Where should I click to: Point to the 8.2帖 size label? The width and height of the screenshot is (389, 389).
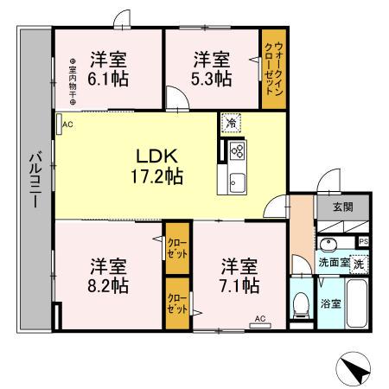tap(107, 284)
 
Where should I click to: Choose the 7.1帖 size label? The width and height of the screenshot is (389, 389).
tap(239, 284)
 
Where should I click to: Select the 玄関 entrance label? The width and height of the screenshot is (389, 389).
tap(341, 207)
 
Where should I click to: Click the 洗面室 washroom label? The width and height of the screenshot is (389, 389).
tap(332, 263)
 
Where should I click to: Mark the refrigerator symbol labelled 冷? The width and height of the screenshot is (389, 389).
tap(230, 124)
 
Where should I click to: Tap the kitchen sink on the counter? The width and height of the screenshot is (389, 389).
tap(236, 182)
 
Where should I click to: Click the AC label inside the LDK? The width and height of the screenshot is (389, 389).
tap(67, 124)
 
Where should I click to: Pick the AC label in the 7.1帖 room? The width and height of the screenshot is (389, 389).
tap(259, 319)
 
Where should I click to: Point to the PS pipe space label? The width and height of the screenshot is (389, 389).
tap(364, 241)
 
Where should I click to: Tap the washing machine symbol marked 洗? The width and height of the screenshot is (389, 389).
tap(358, 263)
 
